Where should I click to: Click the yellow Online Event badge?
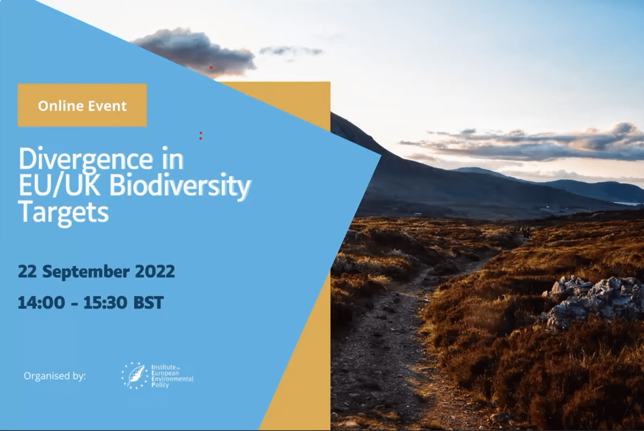pos(82,105)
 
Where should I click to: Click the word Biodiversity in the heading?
pos(180,186)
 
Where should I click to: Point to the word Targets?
pos(63,212)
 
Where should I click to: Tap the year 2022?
pos(155,271)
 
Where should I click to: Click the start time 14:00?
pos(41,302)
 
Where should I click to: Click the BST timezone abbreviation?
pos(148,302)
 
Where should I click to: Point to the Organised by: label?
pos(55,376)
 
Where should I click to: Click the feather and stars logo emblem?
pos(134,375)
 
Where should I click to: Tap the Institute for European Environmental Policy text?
pos(171,376)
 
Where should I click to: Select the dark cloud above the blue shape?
pos(192,50)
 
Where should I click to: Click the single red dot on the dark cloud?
pos(211,67)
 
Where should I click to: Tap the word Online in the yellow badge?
pos(60,106)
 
